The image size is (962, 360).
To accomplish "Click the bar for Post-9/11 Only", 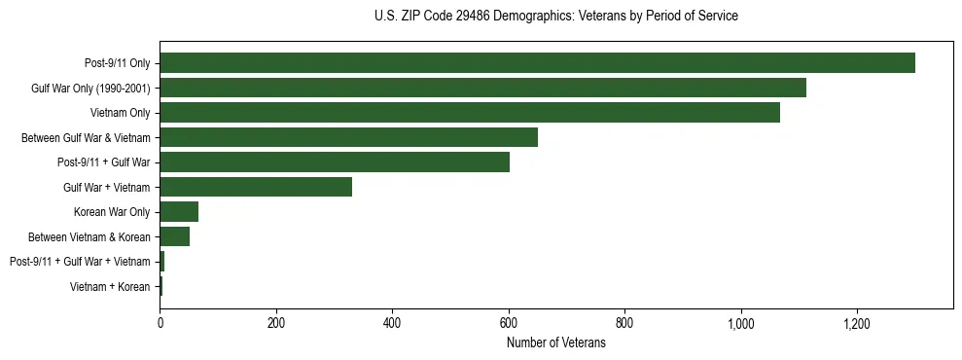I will (x=537, y=63).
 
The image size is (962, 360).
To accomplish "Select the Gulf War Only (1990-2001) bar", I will (x=482, y=88).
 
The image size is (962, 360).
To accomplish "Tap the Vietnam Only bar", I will (x=470, y=113).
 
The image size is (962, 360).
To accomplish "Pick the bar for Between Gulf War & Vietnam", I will (x=348, y=137).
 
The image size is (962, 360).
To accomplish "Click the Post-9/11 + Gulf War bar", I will (x=335, y=162).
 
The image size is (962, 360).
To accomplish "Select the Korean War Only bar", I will (x=179, y=211).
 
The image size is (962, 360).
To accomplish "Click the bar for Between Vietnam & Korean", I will (x=174, y=236).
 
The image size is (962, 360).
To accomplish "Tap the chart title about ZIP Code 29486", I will (x=556, y=17).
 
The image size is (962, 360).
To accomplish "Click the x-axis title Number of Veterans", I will (x=556, y=343).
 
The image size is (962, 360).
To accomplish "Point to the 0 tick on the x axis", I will (x=160, y=323).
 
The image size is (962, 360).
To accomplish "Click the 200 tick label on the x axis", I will (x=276, y=323).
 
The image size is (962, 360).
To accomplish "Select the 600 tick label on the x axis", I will (x=509, y=323).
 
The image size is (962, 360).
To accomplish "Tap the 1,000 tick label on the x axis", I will (x=741, y=323).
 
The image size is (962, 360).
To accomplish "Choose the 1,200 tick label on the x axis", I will (x=857, y=323).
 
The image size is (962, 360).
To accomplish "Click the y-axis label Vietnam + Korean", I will (x=110, y=286).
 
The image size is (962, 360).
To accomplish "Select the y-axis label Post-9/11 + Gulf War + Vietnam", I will (x=80, y=262).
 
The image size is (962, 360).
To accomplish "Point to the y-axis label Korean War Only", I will (x=112, y=212).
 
